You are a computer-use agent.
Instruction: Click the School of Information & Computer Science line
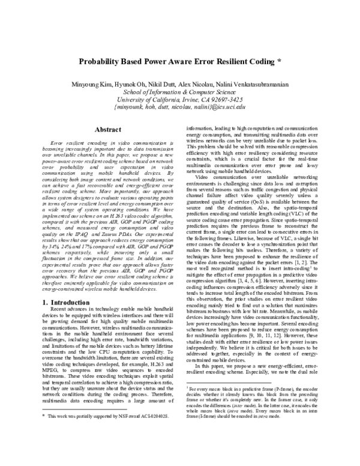[180, 91]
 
